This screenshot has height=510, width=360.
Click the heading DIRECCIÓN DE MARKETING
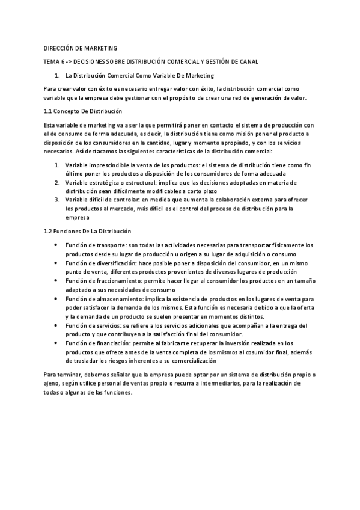click(81, 48)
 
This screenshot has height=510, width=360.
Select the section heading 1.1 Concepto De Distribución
click(83, 111)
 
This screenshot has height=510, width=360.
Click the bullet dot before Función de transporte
click(56, 245)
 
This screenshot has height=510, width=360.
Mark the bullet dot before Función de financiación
click(56, 343)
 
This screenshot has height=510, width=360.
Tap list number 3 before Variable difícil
click(56, 200)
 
